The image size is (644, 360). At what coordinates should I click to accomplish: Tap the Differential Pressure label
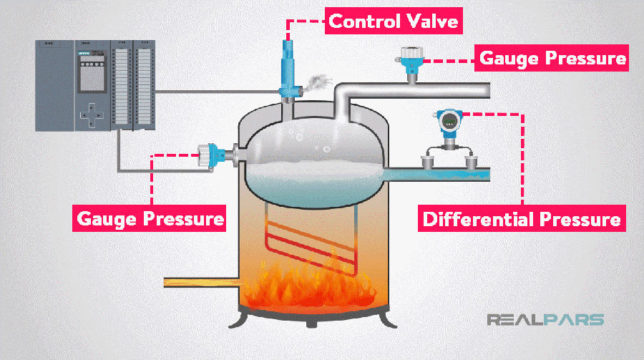pyautogui.click(x=521, y=218)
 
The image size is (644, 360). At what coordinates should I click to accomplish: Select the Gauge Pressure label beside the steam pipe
pyautogui.click(x=552, y=57)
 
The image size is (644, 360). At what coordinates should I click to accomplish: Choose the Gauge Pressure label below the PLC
pyautogui.click(x=150, y=216)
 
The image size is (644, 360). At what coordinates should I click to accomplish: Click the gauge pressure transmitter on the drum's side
pyautogui.click(x=208, y=152)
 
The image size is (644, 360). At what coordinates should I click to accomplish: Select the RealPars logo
pyautogui.click(x=545, y=319)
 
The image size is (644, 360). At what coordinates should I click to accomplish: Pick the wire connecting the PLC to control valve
pyautogui.click(x=215, y=91)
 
